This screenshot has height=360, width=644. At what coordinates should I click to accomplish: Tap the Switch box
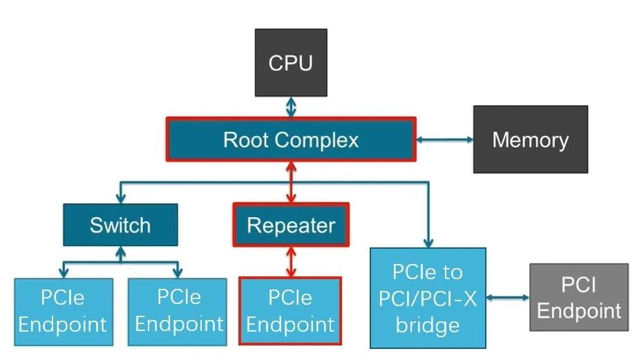click(120, 225)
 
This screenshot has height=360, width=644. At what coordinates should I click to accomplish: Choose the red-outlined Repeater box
click(291, 225)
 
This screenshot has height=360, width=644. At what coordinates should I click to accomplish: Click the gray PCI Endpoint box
click(579, 298)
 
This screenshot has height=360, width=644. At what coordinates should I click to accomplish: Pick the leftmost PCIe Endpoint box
click(63, 311)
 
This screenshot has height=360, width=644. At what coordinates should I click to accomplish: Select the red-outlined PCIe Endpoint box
click(290, 311)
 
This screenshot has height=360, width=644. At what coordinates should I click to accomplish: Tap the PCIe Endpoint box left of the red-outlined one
click(179, 311)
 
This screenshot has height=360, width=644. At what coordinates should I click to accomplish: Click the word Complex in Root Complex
click(317, 140)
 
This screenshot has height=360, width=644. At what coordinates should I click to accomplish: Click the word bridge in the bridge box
click(428, 324)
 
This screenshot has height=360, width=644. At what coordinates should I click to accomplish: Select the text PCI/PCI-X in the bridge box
click(428, 298)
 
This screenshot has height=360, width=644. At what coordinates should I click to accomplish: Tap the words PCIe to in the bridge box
click(428, 272)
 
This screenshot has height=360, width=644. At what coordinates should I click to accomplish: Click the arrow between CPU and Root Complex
click(291, 106)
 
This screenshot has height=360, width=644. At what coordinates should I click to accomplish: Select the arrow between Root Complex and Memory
click(444, 140)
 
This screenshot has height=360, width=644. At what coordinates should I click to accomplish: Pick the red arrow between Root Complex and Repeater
click(291, 182)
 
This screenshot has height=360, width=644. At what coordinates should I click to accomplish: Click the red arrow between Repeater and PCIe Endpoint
click(291, 262)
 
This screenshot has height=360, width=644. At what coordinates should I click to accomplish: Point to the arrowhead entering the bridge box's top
click(428, 243)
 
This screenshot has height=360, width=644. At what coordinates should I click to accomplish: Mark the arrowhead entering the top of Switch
click(120, 199)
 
